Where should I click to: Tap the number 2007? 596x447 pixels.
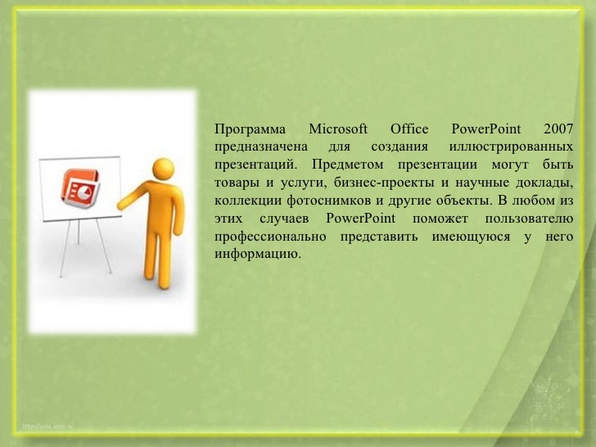[557, 129]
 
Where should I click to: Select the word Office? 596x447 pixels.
[409, 129]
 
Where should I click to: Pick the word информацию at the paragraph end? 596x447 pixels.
[256, 254]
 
